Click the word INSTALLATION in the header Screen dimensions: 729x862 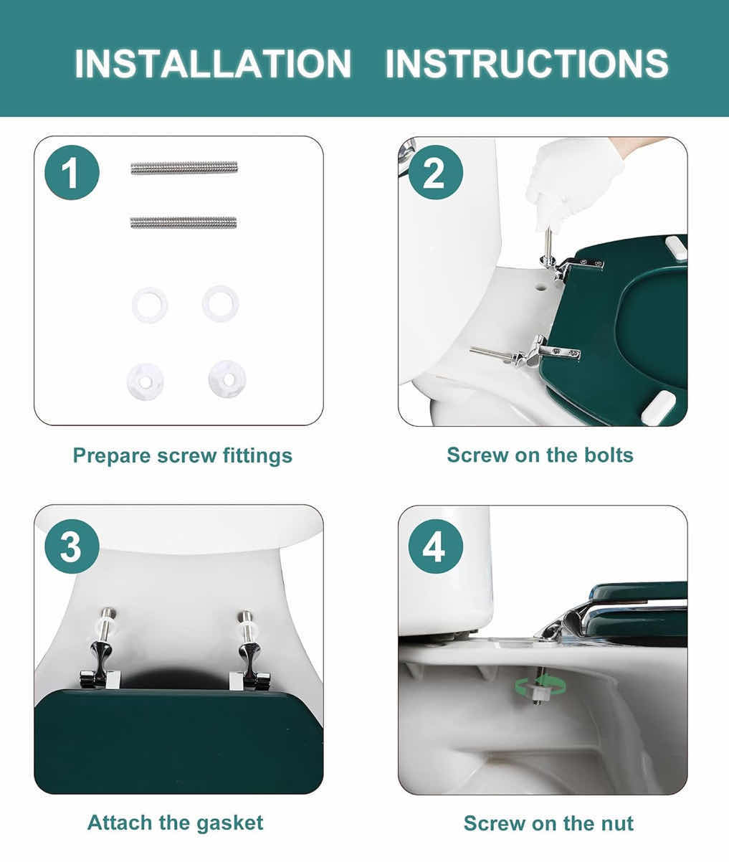(213, 63)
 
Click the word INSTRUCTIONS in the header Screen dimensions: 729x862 (527, 63)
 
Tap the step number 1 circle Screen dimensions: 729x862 (72, 172)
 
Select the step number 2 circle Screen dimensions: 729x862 (436, 172)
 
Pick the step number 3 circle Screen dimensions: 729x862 (72, 546)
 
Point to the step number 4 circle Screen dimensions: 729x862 (436, 546)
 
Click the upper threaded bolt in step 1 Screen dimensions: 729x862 (184, 168)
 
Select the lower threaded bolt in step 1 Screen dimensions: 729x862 (184, 222)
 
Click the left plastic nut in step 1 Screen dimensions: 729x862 (145, 382)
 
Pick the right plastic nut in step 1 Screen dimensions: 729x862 (227, 379)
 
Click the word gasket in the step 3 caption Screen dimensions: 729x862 (229, 823)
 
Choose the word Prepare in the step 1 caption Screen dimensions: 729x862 (111, 456)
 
